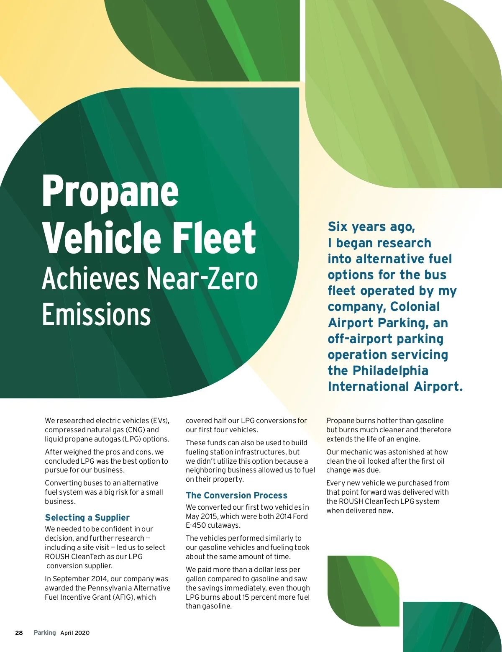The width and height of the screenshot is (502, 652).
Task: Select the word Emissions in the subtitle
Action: coord(96,315)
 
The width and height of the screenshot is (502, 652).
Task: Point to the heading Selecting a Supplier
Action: coord(87,518)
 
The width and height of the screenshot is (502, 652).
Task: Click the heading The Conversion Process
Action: coord(236,495)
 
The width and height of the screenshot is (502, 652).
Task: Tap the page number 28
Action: coord(19,633)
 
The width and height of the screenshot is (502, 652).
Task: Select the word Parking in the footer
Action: coord(44,633)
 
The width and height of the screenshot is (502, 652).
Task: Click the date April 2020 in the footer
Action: coord(75,633)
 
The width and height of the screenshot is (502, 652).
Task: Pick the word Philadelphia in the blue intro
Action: coord(390,371)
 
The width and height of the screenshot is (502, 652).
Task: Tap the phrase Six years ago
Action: coord(371,227)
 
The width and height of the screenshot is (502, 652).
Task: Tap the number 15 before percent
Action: coord(246,597)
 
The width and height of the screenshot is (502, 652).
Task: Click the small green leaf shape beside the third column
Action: coord(363,590)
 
